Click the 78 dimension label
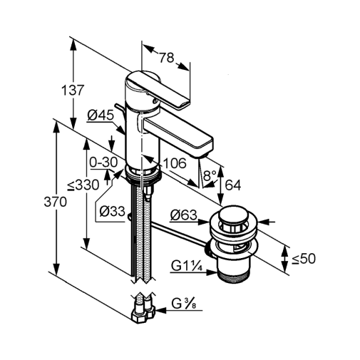(x=167, y=58)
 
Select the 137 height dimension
(x=73, y=91)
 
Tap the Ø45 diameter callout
(x=101, y=115)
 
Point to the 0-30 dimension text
(x=103, y=163)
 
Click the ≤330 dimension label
(x=83, y=185)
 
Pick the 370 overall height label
(x=55, y=202)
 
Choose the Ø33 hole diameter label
(x=112, y=211)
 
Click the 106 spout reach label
(x=175, y=163)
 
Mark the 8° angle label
(x=209, y=176)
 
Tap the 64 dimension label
(x=233, y=185)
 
